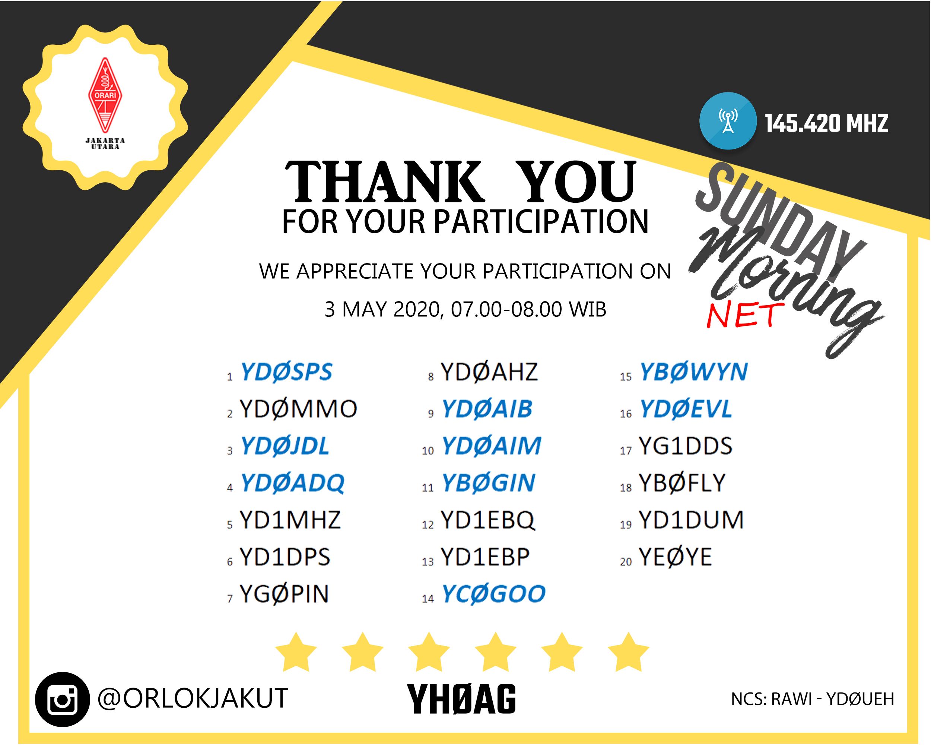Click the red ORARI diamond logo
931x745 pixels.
[x=105, y=95]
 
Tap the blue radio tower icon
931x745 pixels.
[x=728, y=121]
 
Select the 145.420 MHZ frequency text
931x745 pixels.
[x=826, y=124]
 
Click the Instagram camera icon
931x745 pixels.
[x=62, y=699]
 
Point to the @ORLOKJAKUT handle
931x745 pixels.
[x=193, y=698]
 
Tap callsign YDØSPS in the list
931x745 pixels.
[x=286, y=372]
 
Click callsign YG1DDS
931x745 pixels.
[x=685, y=446]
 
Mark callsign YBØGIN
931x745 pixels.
[x=488, y=483]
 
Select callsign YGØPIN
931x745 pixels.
[x=284, y=594]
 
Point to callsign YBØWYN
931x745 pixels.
[x=693, y=372]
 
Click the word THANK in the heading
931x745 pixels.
[x=384, y=181]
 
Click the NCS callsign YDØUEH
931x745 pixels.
[x=860, y=699]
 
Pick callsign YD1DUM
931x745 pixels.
[x=691, y=520]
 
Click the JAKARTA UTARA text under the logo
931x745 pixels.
[x=105, y=143]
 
